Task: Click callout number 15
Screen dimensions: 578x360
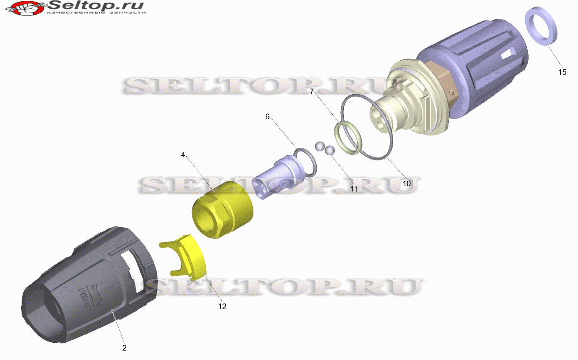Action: pos(562,72)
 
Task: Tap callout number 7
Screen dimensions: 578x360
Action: pos(312,92)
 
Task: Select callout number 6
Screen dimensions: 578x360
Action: pos(267,117)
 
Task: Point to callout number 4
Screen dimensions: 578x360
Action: pos(183,155)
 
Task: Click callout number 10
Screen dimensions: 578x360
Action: pos(407,184)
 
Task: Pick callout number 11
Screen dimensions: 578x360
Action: pos(354,189)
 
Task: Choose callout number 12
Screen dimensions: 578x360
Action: pos(222,306)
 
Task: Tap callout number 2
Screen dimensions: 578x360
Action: pos(124,348)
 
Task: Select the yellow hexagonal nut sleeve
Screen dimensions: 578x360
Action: pos(223,209)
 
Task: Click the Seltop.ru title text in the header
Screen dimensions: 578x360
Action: pos(96,5)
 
